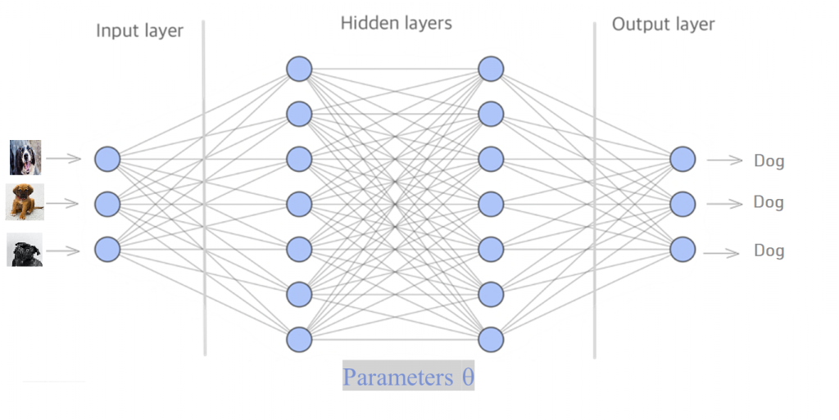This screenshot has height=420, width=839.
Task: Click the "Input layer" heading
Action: [x=139, y=31]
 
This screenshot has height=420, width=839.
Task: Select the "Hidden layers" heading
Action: [x=396, y=23]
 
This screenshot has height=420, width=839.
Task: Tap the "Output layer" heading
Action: [x=663, y=25]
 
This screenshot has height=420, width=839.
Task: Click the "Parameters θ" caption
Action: [x=408, y=377]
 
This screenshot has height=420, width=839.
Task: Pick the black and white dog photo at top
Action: [x=25, y=157]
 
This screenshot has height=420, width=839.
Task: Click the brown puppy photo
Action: [x=25, y=202]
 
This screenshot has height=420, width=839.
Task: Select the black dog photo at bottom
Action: [x=25, y=250]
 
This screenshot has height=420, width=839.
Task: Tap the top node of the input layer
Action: [x=107, y=159]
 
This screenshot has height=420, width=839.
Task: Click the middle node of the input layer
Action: [x=107, y=203]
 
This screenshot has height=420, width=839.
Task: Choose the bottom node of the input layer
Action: [x=107, y=248]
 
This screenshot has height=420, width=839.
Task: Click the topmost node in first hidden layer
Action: [x=299, y=69]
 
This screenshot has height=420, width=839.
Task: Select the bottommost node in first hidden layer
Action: [x=299, y=338]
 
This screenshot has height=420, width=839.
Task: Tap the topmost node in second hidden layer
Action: [x=491, y=69]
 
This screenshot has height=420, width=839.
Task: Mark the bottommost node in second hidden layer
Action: [x=491, y=338]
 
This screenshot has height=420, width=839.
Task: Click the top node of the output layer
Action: [x=683, y=159]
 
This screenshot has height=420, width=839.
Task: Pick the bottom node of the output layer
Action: [x=683, y=248]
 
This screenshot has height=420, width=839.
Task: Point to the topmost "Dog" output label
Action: [x=769, y=161]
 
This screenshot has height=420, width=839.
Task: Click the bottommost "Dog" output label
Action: [x=769, y=251]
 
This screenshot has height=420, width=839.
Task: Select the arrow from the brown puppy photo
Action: [x=63, y=203]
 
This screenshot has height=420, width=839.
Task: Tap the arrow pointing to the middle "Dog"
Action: [x=724, y=203]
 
